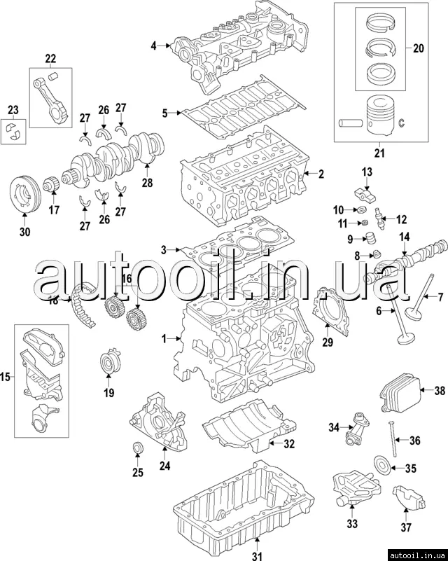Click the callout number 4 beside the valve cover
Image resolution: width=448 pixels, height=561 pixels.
(x=153, y=46)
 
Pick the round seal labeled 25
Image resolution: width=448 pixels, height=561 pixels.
(x=137, y=448)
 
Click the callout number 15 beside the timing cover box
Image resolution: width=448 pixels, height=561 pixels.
(x=6, y=378)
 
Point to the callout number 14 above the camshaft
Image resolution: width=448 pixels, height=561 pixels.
(x=404, y=237)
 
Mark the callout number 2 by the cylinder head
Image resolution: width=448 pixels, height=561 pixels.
(x=321, y=174)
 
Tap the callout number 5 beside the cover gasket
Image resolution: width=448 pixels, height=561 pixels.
(x=165, y=112)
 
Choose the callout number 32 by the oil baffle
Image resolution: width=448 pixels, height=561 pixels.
(x=289, y=443)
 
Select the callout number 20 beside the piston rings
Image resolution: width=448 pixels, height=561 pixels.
(x=419, y=48)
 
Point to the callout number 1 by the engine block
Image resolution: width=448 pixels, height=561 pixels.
(x=164, y=339)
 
